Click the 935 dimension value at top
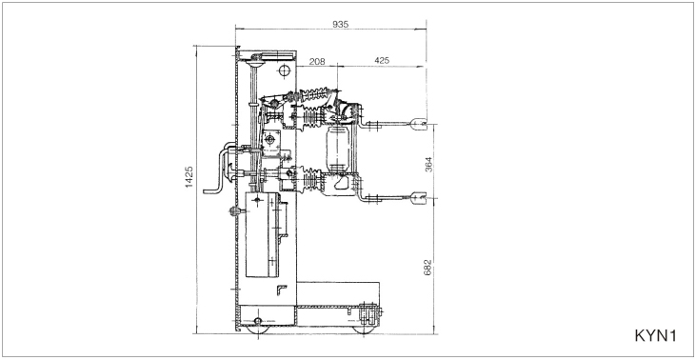click(x=341, y=24)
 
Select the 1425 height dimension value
click(x=189, y=177)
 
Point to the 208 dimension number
click(x=316, y=61)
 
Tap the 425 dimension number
click(x=381, y=60)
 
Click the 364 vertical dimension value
click(x=428, y=165)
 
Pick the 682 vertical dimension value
click(x=428, y=268)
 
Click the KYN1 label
click(x=655, y=335)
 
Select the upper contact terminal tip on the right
click(x=418, y=124)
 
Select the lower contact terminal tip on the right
click(x=418, y=197)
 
